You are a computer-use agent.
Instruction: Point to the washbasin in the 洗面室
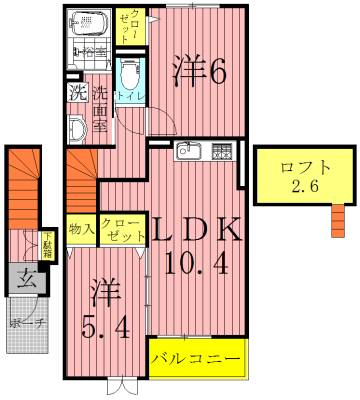click(78, 127)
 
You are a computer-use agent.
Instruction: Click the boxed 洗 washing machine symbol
click(77, 94)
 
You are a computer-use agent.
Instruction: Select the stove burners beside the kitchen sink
click(220, 153)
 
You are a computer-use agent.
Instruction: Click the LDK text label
click(196, 230)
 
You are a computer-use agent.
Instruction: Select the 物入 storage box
click(81, 229)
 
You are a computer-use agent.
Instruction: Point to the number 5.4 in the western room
click(105, 325)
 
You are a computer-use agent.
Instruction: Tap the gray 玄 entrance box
click(28, 281)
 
